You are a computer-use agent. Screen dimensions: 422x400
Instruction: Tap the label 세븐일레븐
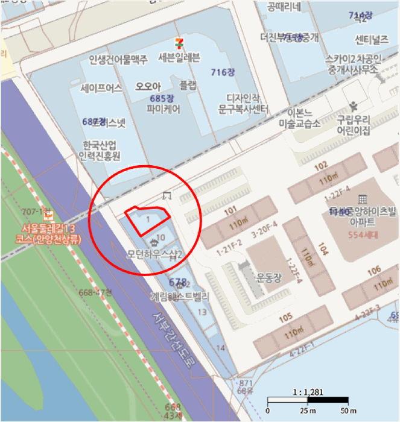point(179,58)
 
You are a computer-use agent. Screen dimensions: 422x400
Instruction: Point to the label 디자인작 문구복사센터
point(243,104)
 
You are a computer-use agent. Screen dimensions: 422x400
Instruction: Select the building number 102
point(321,165)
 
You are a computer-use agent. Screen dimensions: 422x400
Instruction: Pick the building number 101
point(230,212)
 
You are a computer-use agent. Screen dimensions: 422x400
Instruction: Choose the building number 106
point(374,269)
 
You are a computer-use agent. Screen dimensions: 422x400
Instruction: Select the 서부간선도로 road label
point(173,341)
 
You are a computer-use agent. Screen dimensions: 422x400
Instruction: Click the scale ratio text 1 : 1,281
point(308,392)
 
